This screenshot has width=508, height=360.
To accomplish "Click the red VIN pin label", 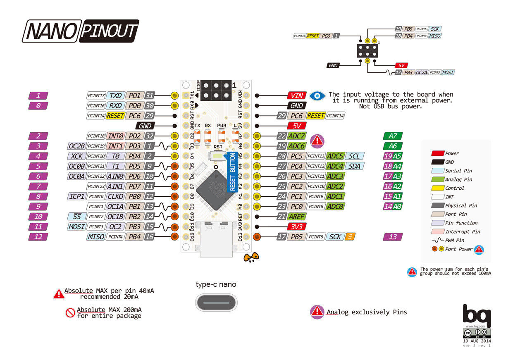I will point(297,95).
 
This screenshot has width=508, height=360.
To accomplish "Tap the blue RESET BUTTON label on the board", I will point(232,172).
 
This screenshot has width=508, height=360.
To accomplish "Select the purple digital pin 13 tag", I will point(393,237).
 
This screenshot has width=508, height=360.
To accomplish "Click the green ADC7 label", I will point(297,136).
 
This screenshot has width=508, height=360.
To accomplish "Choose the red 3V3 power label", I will point(297,226).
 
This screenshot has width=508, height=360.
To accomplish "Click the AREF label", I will point(297,217).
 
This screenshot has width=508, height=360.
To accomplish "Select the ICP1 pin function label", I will point(76,196).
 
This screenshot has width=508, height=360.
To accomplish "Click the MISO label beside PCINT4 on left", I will point(95,237).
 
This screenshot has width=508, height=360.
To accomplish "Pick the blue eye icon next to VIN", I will point(317,95).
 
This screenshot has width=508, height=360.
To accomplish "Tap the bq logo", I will point(476,316).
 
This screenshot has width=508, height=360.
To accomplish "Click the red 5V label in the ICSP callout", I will point(401,65).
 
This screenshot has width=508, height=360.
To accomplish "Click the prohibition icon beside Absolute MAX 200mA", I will point(70,313).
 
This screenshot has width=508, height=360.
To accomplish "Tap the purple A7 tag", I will point(393,136).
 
